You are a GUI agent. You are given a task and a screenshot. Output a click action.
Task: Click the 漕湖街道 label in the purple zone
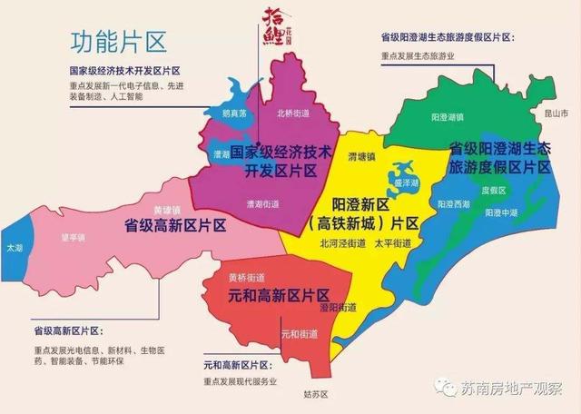coord(262,204)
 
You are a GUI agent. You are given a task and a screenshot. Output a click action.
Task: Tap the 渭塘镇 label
coord(337,156)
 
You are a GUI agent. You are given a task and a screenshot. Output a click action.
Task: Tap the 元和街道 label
coord(298,334)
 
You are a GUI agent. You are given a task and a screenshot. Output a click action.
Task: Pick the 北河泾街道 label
coord(340,243)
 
